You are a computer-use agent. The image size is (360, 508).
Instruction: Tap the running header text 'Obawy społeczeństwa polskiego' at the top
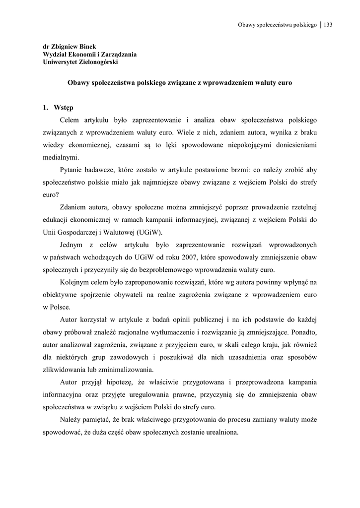(277, 25)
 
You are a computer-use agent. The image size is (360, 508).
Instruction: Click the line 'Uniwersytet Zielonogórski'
(80, 62)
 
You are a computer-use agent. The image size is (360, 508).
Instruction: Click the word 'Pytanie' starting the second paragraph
(71, 170)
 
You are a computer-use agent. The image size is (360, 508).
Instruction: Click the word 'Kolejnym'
(74, 282)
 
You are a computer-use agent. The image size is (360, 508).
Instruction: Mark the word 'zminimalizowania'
(127, 370)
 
